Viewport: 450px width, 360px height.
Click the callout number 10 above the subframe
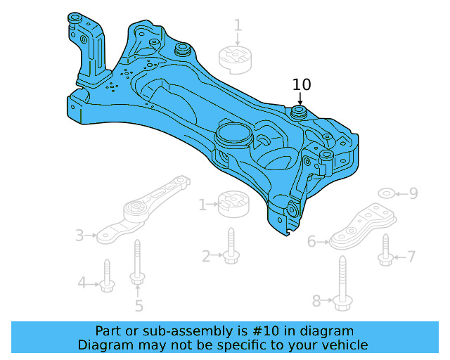(302, 84)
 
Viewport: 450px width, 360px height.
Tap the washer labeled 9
(386, 193)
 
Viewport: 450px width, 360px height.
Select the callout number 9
(413, 193)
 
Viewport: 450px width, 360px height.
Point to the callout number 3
(79, 235)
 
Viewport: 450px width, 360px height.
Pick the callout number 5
(139, 305)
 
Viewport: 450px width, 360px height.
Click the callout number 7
(411, 257)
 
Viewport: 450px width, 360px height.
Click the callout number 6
(311, 242)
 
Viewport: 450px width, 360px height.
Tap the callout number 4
(82, 283)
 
